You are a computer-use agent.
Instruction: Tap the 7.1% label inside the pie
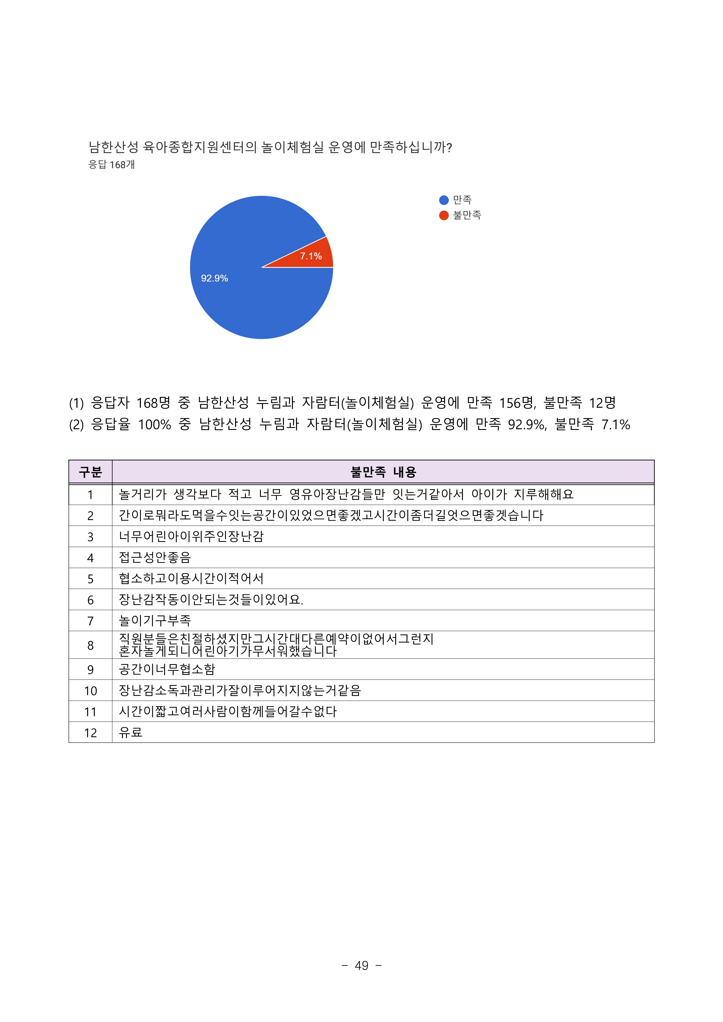point(311,256)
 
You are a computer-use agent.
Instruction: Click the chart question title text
point(270,147)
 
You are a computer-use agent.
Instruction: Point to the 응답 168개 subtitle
point(111,165)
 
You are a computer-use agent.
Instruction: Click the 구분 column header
point(90,472)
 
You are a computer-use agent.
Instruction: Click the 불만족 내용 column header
point(383,472)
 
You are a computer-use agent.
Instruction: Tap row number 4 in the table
point(90,558)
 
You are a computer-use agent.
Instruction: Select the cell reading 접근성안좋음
point(155,557)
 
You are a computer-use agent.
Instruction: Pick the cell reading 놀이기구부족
point(155,620)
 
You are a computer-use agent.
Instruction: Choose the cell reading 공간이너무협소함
point(167,669)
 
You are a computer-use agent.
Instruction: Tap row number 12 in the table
point(90,733)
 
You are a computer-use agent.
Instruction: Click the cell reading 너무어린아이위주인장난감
point(191,536)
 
